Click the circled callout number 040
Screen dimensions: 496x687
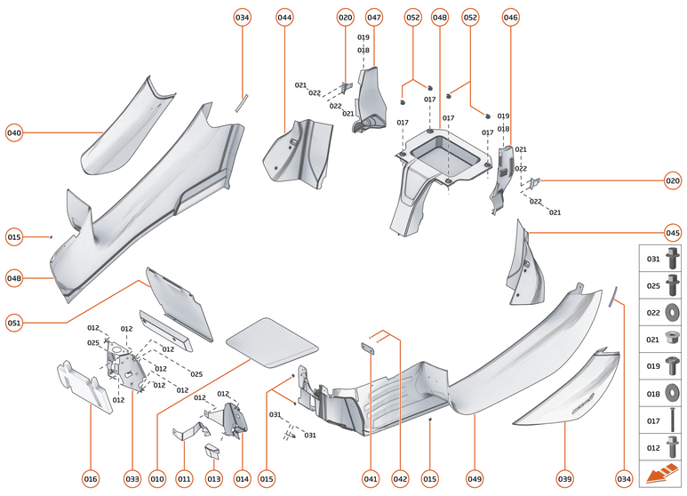14,133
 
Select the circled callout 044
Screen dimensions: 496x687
284,18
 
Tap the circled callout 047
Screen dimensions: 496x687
374,18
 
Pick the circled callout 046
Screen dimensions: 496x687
510,18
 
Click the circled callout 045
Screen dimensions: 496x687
673,234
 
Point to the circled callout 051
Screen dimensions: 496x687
14,321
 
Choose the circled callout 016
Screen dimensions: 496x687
90,479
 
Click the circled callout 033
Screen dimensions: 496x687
132,479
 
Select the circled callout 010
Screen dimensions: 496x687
158,479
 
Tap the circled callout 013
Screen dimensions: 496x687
214,479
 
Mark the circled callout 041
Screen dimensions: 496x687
371,479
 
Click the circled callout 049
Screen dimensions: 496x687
475,479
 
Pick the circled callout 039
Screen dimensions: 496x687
565,479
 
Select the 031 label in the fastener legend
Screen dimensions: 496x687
651,260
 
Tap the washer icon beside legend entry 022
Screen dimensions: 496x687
673,312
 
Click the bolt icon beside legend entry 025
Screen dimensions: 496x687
673,285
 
